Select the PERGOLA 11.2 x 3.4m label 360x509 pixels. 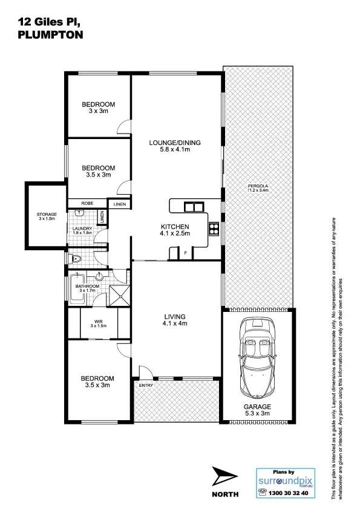click(x=257, y=187)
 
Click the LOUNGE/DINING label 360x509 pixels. click(x=175, y=146)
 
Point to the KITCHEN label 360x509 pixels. click(x=175, y=229)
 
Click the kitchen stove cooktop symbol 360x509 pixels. click(x=213, y=229)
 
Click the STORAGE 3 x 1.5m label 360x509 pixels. click(x=47, y=216)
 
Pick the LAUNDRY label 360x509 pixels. click(x=82, y=230)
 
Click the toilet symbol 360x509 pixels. click(x=76, y=260)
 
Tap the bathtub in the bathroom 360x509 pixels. click(x=77, y=290)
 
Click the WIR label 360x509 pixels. click(x=98, y=323)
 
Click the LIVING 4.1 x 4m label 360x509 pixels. click(x=175, y=320)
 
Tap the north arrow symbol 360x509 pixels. click(x=226, y=478)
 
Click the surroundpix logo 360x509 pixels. click(x=284, y=482)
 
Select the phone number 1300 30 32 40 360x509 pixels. click(x=288, y=493)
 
